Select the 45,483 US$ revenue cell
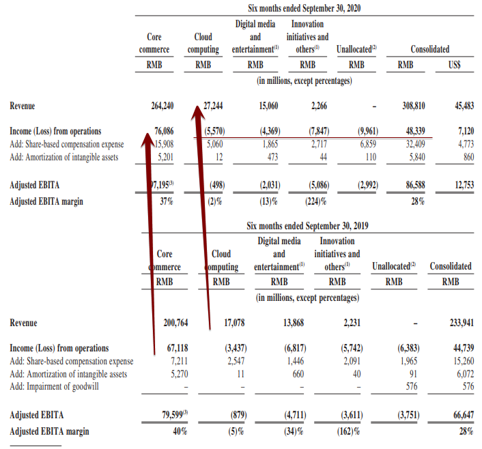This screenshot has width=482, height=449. point(464,106)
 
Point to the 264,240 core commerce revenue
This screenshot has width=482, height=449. point(162,106)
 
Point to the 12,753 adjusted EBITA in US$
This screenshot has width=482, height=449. point(464,185)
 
